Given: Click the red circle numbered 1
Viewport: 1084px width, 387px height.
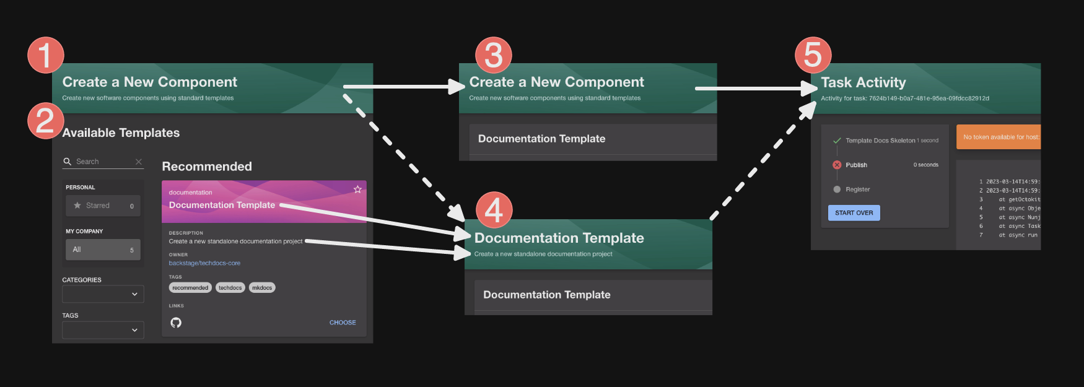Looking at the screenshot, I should coord(46,55).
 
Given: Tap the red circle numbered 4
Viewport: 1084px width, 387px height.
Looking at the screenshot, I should coord(494,210).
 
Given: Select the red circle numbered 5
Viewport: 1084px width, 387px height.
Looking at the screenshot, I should coord(813,55).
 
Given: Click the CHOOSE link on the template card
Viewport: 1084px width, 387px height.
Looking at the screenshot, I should coord(343,323).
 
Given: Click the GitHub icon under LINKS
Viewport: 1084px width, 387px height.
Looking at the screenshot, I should coord(176,323).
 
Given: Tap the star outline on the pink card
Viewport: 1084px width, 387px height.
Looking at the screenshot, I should coord(357,189).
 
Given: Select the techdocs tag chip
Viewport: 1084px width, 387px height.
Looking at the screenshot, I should coord(230,288).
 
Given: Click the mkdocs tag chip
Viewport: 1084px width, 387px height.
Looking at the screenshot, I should coord(262,288).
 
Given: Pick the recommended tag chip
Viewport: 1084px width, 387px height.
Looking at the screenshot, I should coord(190,288).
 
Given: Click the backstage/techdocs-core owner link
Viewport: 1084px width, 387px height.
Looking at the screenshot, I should coord(204,263).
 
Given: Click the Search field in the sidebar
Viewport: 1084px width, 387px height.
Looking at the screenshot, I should coord(103,162).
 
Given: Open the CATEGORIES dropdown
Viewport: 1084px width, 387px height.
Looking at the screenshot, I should coord(103,294).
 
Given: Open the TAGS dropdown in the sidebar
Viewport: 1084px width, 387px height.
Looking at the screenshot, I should coord(103,330).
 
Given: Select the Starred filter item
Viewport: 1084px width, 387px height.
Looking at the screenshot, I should coord(103,206).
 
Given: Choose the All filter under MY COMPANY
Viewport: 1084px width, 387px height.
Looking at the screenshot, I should coord(103,250).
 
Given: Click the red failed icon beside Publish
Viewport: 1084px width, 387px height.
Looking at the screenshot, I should coord(837,165).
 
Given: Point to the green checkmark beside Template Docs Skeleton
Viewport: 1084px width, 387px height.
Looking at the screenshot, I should coord(837,141).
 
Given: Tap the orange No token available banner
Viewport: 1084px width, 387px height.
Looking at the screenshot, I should coord(999,137).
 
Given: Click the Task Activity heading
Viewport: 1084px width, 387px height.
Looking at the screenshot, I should coord(863,82).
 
